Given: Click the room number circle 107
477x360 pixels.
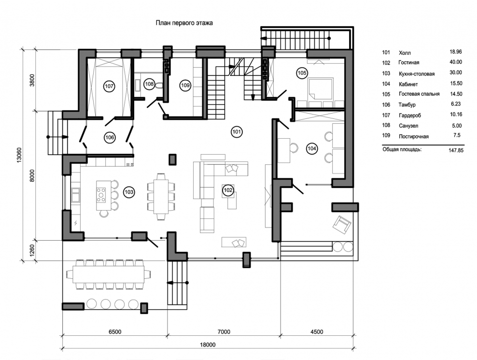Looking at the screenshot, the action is coord(109,86).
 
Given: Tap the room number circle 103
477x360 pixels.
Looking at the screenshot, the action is coord(129,192).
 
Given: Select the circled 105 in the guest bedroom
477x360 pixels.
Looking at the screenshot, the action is coord(302,73).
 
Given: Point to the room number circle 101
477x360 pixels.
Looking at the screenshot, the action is coord(237,132).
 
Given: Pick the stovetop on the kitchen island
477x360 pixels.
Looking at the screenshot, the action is coord(101,195).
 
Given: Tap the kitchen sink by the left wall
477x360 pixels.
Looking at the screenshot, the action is coord(75,195).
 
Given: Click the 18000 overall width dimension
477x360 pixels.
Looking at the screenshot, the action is coord(208,345).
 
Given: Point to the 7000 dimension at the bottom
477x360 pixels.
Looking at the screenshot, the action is coord(224,331).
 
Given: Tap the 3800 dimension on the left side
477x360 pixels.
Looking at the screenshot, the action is coord(32,80).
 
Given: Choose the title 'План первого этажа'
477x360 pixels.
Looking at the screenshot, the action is coord(184,23).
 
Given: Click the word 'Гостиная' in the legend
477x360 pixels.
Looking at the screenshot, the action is coord(409,62).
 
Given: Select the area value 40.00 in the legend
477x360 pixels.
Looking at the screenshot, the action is coord(456,62).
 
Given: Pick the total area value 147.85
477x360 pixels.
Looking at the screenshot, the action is coord(456,150).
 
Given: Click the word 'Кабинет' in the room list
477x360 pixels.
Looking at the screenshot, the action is coord(408,84).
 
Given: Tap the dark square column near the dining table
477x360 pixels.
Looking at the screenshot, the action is coord(172,159).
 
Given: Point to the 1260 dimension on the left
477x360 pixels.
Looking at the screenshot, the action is coord(32,250).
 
